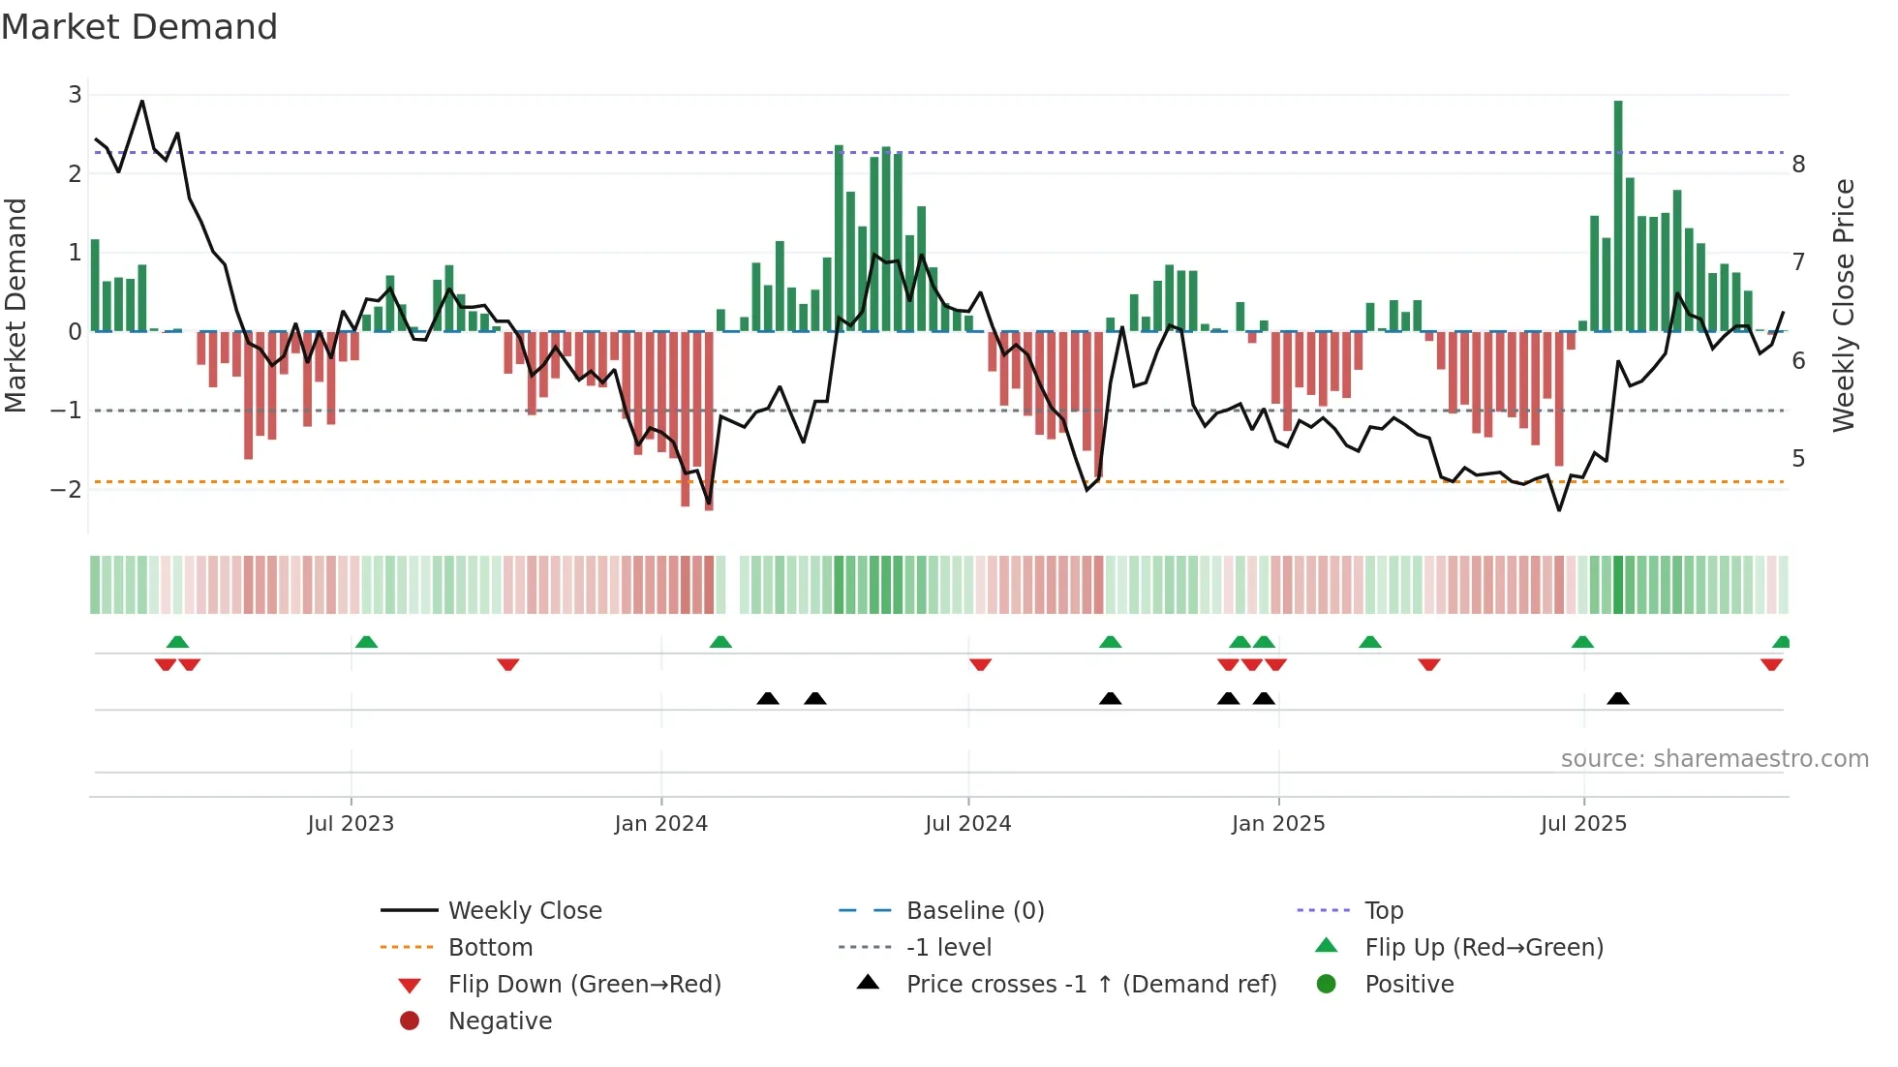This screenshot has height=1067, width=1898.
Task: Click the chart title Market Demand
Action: click(139, 27)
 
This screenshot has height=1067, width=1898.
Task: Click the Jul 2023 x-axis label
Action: click(351, 824)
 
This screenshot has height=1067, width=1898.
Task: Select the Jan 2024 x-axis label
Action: click(661, 824)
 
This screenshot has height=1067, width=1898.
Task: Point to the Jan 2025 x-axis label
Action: click(1278, 824)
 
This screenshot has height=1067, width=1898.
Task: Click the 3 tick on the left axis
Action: click(75, 95)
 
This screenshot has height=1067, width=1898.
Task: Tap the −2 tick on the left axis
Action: click(67, 489)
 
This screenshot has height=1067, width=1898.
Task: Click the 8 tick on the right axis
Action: click(1798, 165)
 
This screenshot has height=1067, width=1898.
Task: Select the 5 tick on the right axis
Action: click(1798, 459)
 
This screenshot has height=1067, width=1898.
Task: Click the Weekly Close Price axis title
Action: click(1844, 305)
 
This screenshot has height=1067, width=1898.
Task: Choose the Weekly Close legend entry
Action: click(525, 911)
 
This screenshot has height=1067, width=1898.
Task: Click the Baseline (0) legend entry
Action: click(975, 911)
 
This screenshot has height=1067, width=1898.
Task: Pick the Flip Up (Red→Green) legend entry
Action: click(1484, 948)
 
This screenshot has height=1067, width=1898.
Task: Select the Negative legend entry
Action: click(500, 1021)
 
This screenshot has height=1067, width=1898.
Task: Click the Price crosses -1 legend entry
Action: click(1091, 985)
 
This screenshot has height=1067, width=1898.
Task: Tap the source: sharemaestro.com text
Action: click(1714, 759)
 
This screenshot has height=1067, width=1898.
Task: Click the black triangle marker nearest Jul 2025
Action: click(1618, 698)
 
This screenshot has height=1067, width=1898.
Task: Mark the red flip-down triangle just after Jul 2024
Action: click(980, 665)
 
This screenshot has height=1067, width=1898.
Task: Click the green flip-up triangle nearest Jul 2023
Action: click(366, 642)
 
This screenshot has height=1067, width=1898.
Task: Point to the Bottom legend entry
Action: click(490, 948)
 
